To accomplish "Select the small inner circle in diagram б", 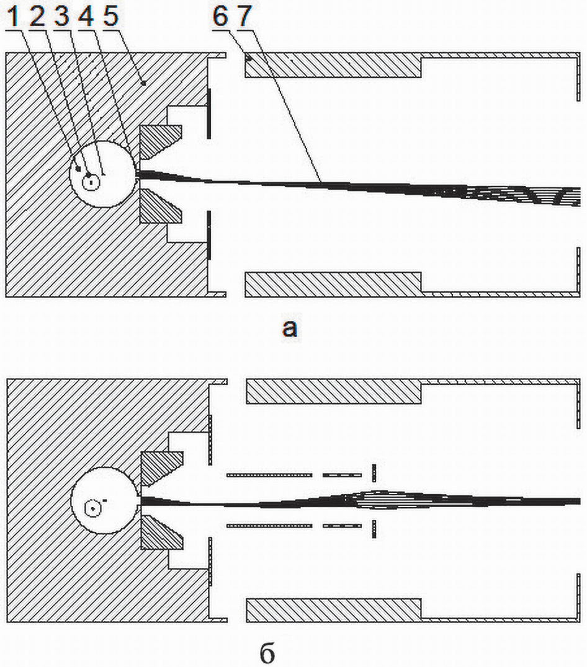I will pos(93,508).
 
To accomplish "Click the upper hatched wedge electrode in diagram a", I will pos(157,140).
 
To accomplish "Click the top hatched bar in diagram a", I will pos(333,65).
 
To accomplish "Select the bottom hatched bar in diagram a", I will pos(333,285).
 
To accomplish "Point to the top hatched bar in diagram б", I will pos(334,391).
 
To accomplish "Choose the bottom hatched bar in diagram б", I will pos(334,611).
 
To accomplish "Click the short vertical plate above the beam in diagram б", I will pos(374,472).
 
